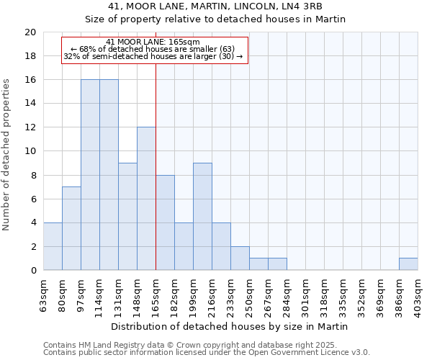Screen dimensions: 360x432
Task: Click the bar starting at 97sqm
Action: tap(90, 175)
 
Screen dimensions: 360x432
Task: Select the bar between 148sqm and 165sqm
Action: tap(146, 199)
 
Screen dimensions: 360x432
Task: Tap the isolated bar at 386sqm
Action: tap(408, 264)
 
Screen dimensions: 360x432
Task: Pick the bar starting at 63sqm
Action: tap(53, 246)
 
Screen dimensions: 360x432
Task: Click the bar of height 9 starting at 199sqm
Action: tap(202, 217)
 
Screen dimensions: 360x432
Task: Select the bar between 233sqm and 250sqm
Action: tap(240, 258)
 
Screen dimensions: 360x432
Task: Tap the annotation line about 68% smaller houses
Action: tap(153, 49)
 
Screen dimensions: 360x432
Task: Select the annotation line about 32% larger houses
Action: tap(153, 56)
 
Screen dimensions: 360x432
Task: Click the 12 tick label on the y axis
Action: tap(30, 127)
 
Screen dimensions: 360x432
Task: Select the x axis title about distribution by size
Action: tap(230, 326)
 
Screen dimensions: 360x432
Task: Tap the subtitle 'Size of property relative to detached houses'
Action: tap(230, 19)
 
